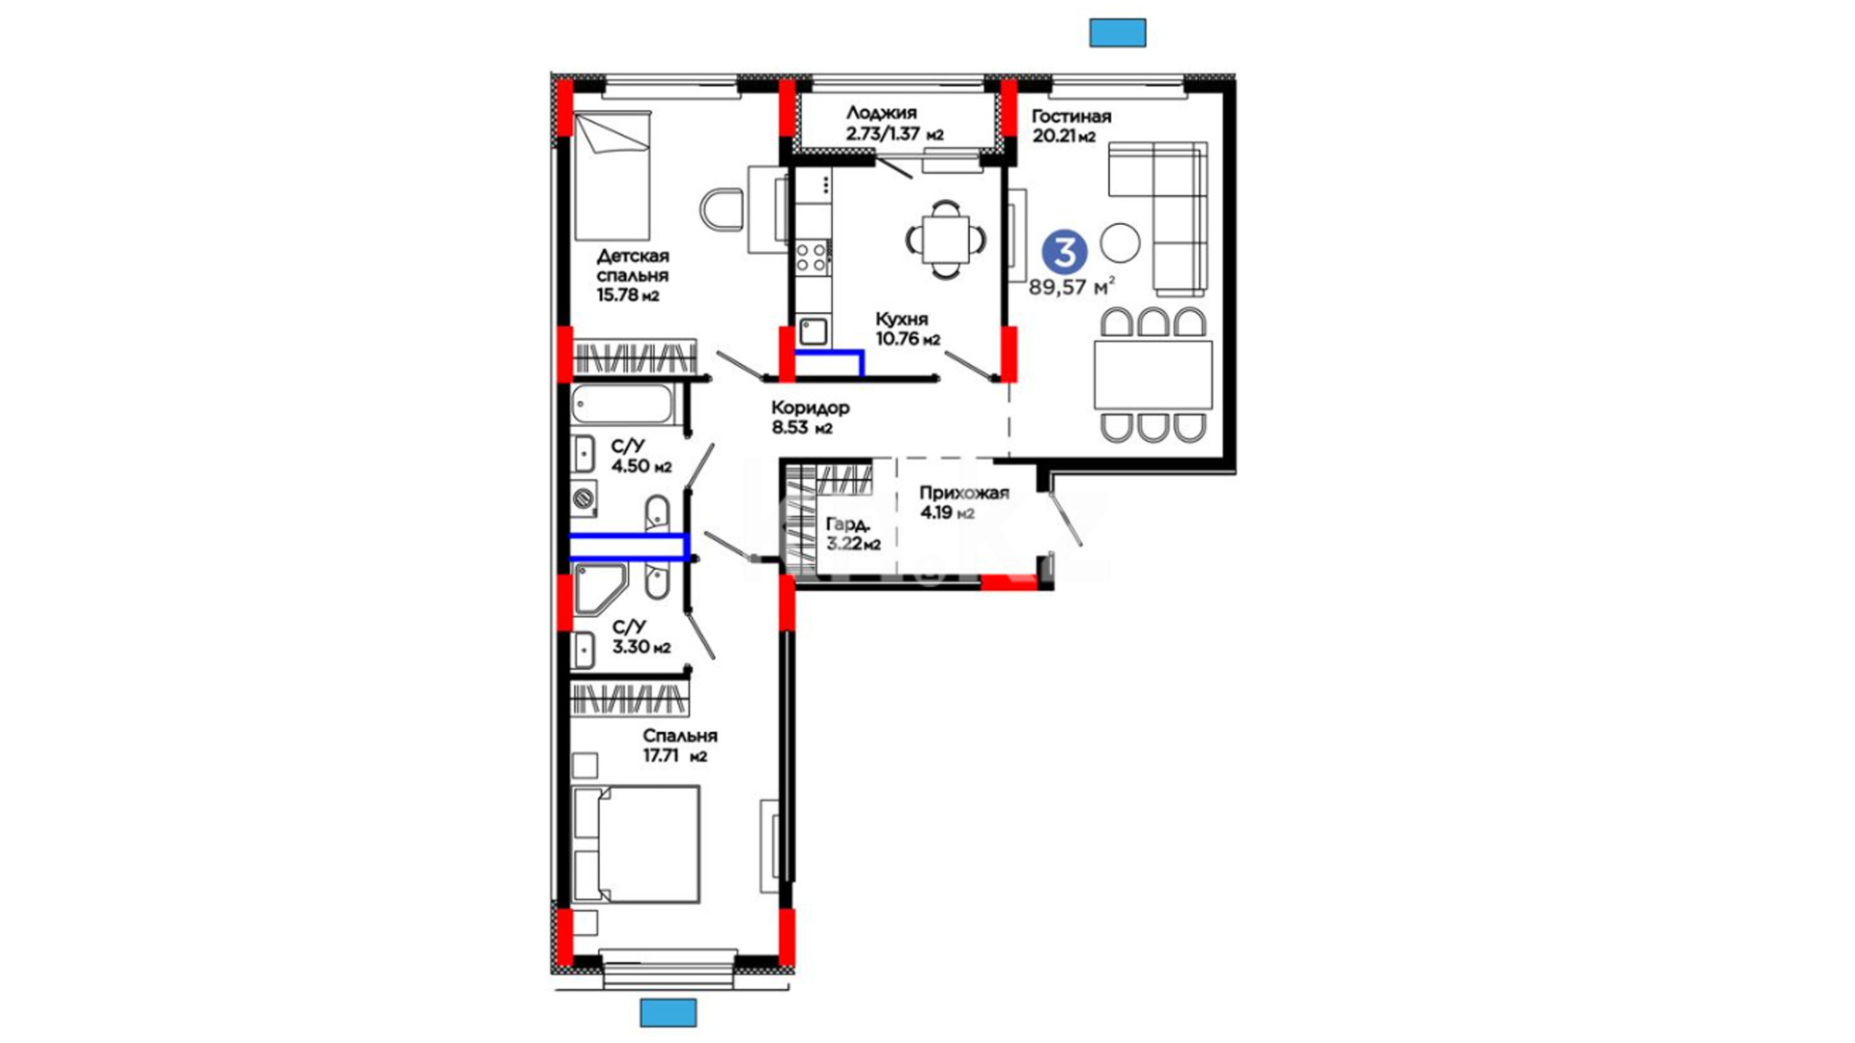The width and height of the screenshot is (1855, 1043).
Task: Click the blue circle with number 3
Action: [x=1064, y=252]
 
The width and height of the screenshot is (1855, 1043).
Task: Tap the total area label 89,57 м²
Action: [x=1071, y=287]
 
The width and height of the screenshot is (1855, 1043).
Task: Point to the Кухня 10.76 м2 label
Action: [x=907, y=328]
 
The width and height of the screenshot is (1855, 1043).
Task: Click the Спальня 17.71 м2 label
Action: [x=680, y=746]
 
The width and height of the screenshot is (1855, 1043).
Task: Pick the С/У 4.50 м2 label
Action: [x=641, y=456]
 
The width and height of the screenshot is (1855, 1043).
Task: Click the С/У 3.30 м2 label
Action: [x=641, y=637]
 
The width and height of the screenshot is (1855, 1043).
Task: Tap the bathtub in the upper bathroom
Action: [x=622, y=405]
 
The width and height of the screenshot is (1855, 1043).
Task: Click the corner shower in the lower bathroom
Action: [x=598, y=589]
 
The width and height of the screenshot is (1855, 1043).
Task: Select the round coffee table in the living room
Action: [x=1121, y=242]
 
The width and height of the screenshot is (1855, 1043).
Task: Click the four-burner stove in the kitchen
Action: [x=811, y=257]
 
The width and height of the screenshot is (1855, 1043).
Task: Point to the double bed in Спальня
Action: [x=636, y=844]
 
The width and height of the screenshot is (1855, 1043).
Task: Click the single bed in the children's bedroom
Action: [x=612, y=177]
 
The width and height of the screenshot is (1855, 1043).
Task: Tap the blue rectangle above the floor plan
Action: [x=1118, y=33]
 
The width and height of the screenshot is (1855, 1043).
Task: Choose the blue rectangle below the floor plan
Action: [x=669, y=1013]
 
